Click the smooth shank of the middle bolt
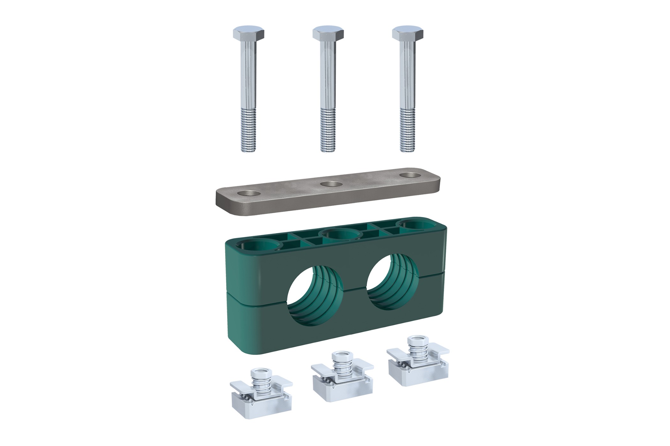click(328, 76)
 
